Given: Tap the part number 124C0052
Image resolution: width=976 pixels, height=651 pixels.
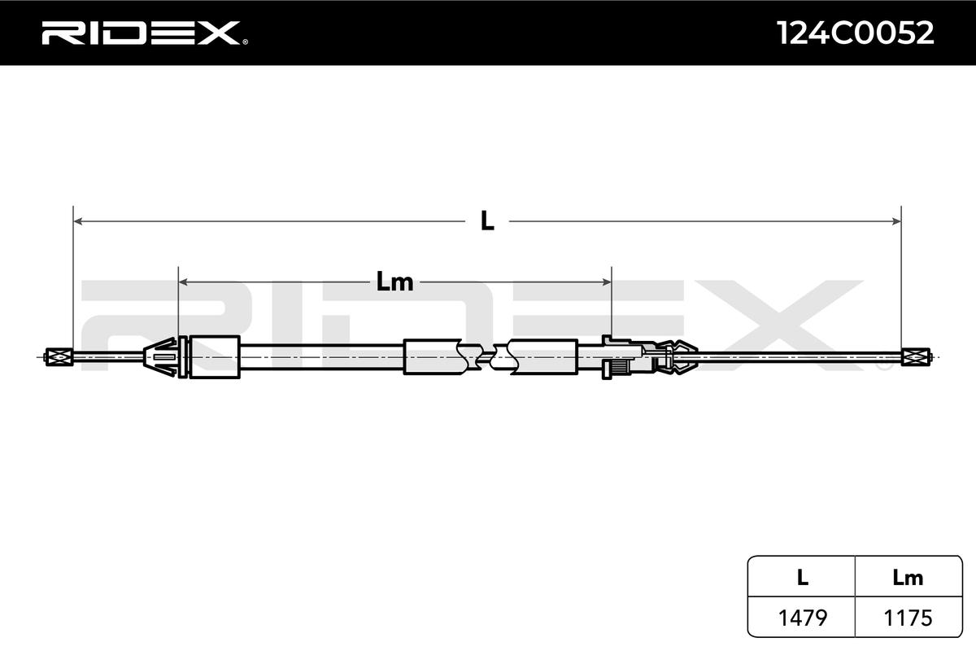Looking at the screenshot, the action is pyautogui.click(x=856, y=33).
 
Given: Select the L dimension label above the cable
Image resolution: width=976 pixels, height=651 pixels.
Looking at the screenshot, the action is pyautogui.click(x=487, y=221).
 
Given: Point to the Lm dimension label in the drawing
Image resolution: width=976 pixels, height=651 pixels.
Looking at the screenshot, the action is pyautogui.click(x=395, y=282).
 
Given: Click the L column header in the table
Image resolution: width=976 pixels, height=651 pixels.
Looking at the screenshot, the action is pyautogui.click(x=802, y=578).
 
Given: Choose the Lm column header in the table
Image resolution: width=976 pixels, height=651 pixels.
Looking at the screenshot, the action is pyautogui.click(x=908, y=578).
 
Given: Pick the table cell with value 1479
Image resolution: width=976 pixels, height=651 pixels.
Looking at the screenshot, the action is pyautogui.click(x=802, y=618).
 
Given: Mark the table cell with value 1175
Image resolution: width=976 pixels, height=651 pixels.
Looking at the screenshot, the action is pyautogui.click(x=908, y=618).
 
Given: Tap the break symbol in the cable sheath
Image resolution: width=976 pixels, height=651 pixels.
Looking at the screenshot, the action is pyautogui.click(x=488, y=356).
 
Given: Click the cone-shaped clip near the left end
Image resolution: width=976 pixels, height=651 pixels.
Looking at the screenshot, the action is pyautogui.click(x=161, y=356).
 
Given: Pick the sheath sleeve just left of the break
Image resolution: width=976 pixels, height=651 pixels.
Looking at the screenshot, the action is pyautogui.click(x=432, y=356).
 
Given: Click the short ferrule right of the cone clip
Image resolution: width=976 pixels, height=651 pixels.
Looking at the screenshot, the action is pyautogui.click(x=213, y=356).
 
